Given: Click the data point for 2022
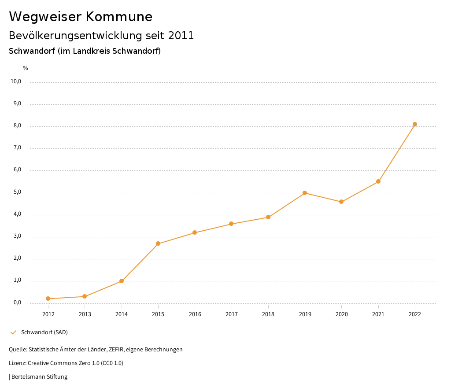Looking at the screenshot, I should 415,124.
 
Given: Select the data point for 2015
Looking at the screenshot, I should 158,243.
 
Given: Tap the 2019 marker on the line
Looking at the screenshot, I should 305,193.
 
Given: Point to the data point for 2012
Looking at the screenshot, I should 48,299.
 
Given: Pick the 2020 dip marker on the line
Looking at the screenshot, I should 341,202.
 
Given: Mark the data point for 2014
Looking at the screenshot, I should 122,281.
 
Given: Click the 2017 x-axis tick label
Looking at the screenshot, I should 232,314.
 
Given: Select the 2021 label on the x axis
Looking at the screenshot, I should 378,314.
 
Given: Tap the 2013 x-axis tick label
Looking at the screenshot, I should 85,314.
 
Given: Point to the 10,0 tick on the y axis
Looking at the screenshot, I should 16,81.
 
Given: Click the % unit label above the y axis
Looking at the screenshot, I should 26,68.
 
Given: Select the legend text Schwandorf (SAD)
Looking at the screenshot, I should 44,332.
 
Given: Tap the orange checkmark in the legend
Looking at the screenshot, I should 13,332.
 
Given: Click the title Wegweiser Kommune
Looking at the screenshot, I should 81,17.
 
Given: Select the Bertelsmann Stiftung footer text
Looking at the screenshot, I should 39,377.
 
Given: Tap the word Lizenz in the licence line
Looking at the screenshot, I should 17,363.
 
